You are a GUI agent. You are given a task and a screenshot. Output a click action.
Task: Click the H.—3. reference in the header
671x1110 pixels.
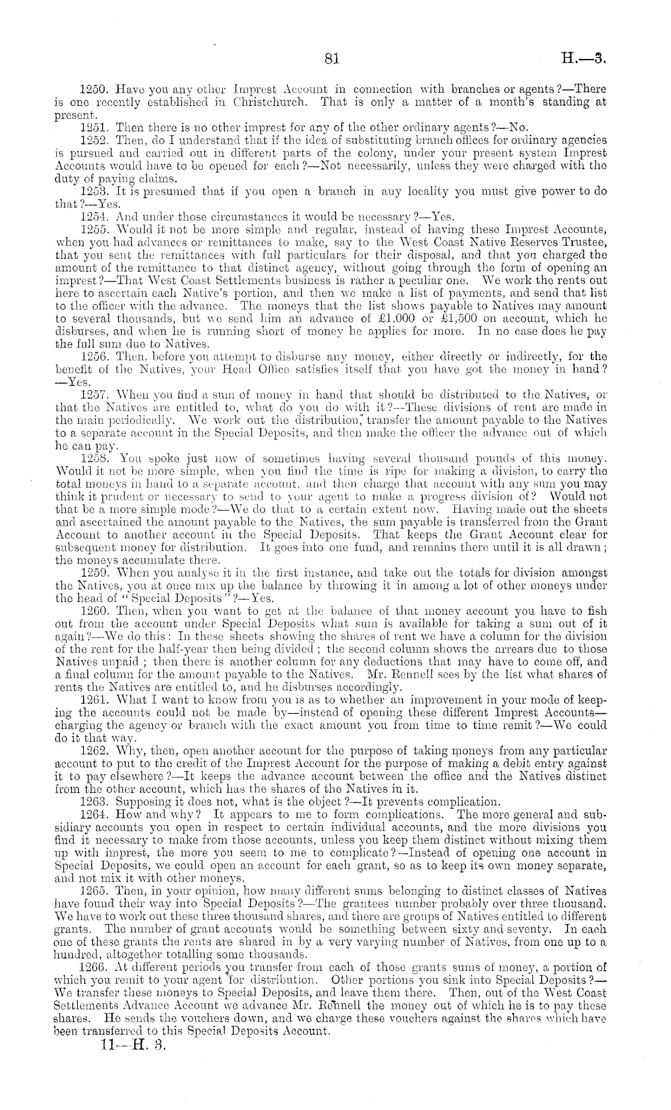[x=582, y=59]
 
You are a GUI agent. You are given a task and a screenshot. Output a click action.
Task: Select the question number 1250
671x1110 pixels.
[x=93, y=89]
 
